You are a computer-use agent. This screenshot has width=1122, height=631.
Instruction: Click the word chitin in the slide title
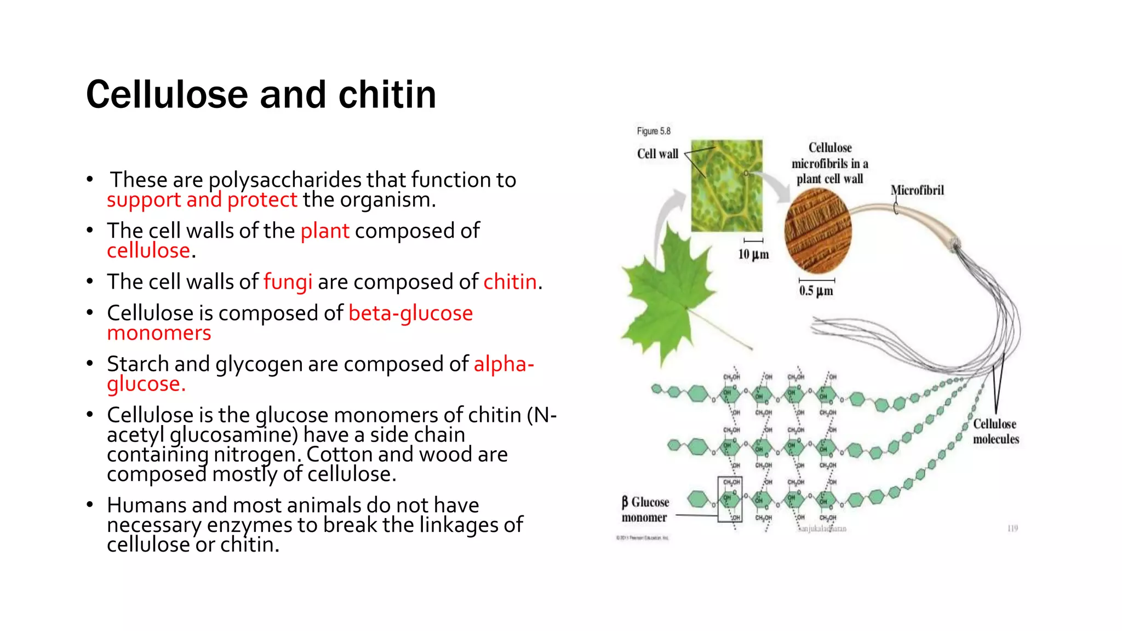(x=387, y=95)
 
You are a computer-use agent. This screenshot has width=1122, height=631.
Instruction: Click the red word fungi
(x=288, y=282)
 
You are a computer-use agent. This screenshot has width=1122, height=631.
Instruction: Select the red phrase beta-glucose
(x=410, y=313)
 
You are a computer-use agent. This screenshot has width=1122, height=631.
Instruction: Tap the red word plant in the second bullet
(x=324, y=231)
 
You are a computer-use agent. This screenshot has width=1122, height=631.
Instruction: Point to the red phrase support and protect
(x=202, y=200)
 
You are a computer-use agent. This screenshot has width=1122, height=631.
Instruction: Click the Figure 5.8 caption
(x=653, y=131)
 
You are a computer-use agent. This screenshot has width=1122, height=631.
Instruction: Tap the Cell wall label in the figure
(x=657, y=154)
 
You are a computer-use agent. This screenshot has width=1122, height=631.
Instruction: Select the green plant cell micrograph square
(x=726, y=186)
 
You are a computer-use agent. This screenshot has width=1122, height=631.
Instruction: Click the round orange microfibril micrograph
(x=818, y=231)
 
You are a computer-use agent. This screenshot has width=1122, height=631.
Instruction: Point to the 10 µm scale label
(x=753, y=255)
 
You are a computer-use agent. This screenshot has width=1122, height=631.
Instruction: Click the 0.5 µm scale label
(x=816, y=291)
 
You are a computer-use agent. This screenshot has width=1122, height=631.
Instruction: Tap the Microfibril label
(x=917, y=191)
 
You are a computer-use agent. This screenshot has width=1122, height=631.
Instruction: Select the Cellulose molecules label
(x=995, y=432)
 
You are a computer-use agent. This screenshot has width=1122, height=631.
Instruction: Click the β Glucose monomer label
(x=645, y=510)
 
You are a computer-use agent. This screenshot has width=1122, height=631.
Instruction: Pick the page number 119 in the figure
(x=1012, y=529)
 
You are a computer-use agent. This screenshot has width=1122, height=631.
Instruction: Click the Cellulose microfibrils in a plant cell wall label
(x=829, y=163)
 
